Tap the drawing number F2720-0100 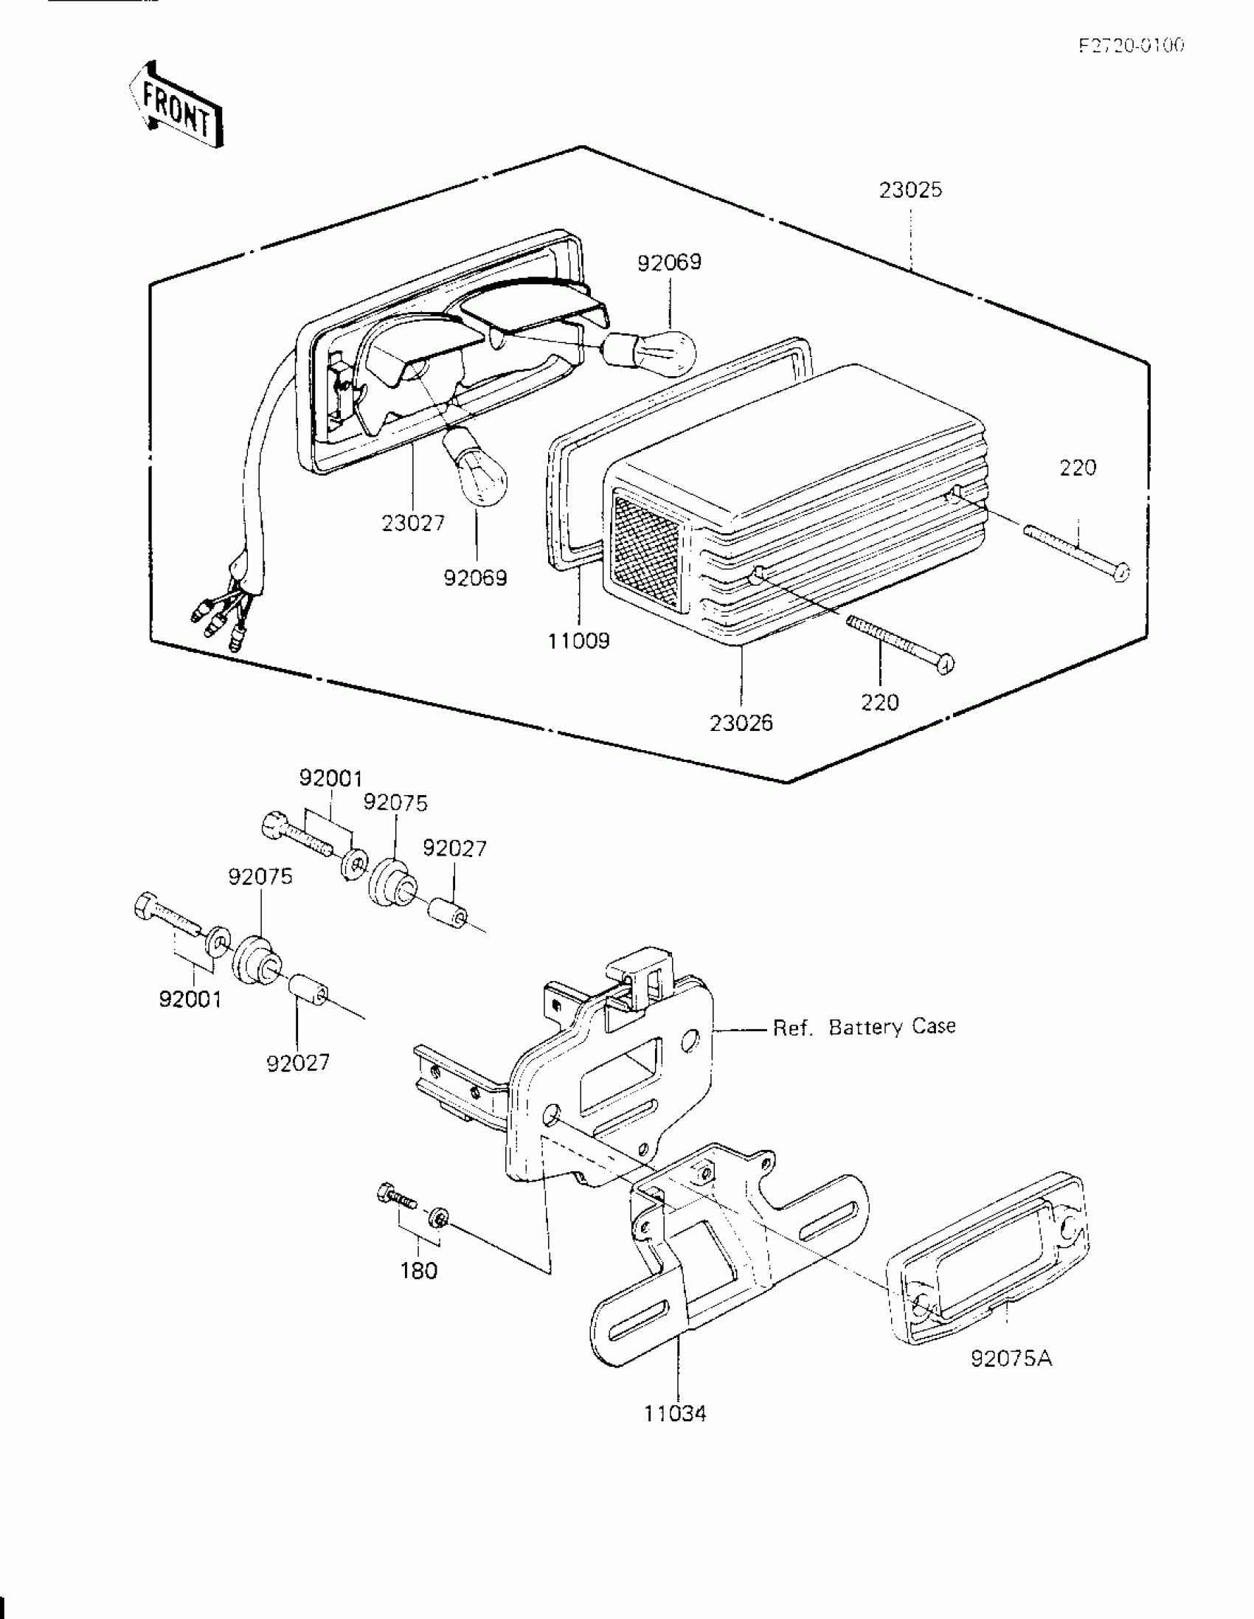point(1131,46)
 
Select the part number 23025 point(911,190)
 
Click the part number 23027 point(413,524)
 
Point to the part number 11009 point(578,640)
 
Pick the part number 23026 point(741,723)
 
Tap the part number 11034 point(675,1414)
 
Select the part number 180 point(419,1271)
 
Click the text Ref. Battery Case point(864,1027)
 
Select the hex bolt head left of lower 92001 point(145,907)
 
